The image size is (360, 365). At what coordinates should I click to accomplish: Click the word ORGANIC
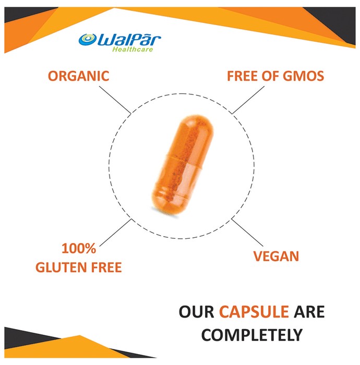tap(78, 76)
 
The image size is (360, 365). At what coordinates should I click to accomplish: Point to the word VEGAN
tap(276, 257)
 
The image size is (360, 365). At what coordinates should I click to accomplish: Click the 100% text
tap(79, 248)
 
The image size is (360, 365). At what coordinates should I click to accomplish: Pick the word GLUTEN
tap(61, 267)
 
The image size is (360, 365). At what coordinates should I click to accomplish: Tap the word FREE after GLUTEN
tap(106, 267)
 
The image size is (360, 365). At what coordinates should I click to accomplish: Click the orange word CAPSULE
tap(254, 311)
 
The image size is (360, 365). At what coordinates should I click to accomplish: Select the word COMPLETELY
tap(251, 335)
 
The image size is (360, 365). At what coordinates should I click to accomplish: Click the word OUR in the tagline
tap(196, 311)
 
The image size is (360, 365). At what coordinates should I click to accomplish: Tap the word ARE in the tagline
tap(309, 311)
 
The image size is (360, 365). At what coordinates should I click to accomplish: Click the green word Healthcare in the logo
tap(133, 49)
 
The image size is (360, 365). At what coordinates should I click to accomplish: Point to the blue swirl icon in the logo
tap(88, 40)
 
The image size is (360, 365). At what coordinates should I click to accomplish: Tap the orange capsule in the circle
tap(182, 165)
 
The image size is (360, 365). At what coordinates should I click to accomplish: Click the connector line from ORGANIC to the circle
tap(115, 100)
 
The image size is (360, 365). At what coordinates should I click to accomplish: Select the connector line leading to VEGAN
tap(247, 233)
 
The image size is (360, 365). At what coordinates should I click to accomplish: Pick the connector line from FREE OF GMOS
tap(248, 100)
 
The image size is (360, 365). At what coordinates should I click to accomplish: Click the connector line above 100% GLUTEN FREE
tap(115, 233)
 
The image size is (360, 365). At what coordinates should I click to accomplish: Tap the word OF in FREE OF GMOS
tap(270, 76)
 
